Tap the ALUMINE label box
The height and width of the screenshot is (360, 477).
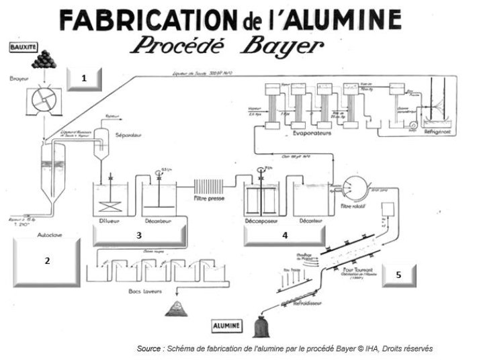227,326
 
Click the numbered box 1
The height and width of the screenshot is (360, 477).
84,79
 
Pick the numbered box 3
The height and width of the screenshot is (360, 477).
139,236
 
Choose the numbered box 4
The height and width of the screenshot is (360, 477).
285,236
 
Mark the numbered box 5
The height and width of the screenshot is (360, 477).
399,275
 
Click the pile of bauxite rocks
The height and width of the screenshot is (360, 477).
45,60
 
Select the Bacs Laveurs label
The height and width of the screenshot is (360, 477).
144,294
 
